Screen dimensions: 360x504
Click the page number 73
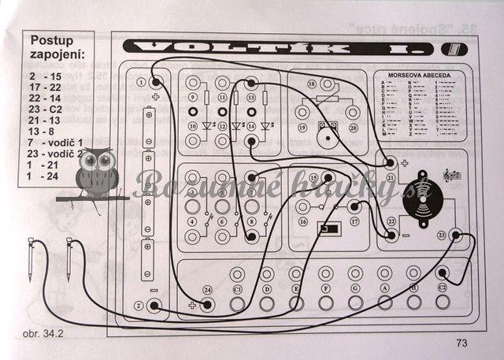point(461,342)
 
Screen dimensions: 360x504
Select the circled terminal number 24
point(207,289)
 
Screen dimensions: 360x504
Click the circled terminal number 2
point(139,305)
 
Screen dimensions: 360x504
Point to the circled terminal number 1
point(140,81)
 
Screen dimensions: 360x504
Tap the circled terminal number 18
point(311,83)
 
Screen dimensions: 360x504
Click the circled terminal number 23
point(442,234)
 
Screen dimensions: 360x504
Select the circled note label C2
point(443,289)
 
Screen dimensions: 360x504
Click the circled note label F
point(324,289)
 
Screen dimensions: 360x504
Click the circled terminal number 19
point(301,127)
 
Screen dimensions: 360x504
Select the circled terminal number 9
point(191,97)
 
